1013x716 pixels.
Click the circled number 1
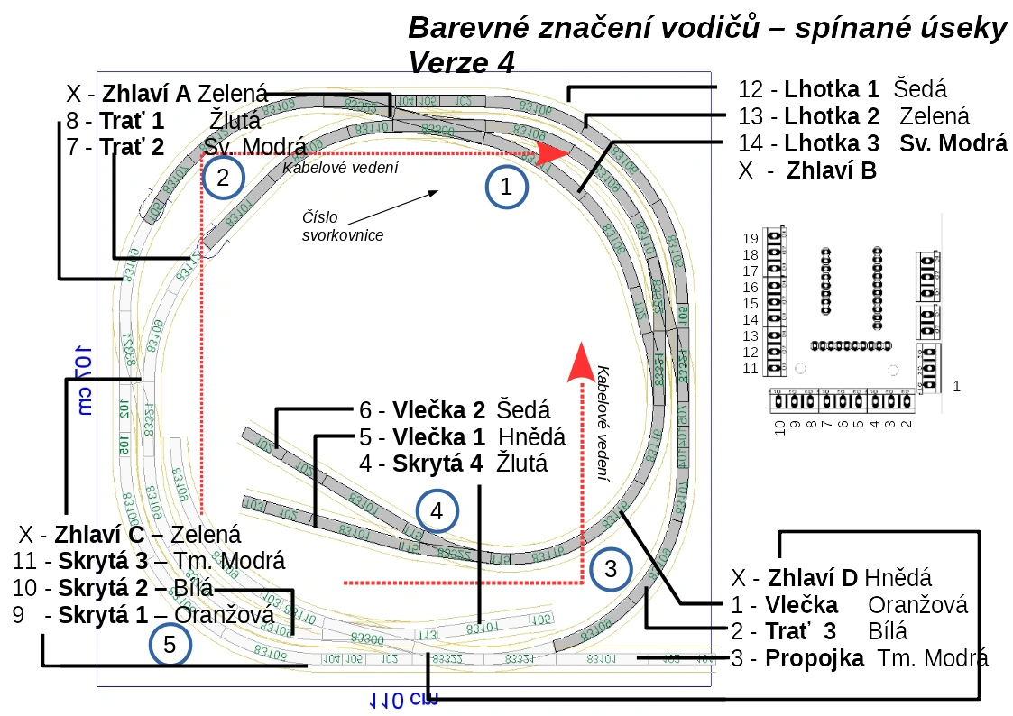[x=506, y=187]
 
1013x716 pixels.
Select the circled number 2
[x=223, y=177]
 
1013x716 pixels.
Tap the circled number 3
[x=611, y=569]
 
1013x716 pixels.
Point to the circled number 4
[x=437, y=512]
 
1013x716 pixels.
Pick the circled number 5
[x=170, y=645]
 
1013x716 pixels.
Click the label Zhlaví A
[x=146, y=93]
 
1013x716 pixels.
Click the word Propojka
[x=815, y=658]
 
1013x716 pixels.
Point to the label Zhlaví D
[x=815, y=577]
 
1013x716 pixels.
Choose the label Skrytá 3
[x=103, y=561]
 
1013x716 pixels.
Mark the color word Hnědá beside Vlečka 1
[x=532, y=437]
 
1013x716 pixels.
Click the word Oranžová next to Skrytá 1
[x=224, y=615]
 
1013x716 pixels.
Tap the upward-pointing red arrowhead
[x=582, y=358]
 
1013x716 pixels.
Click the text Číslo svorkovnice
[x=342, y=226]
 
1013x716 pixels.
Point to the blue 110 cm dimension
[x=401, y=699]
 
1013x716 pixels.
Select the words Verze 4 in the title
[x=461, y=64]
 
